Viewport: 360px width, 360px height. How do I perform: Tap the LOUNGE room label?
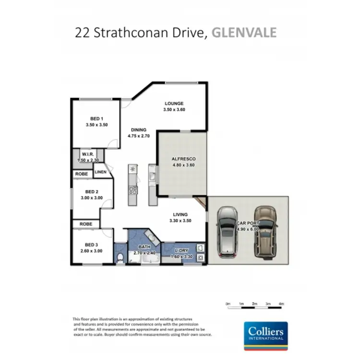[174, 104]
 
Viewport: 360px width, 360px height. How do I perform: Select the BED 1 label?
[96, 119]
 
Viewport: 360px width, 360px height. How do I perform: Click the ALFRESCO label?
[183, 159]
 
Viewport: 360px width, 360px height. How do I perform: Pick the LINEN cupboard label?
[100, 171]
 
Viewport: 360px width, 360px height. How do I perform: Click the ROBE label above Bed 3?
[86, 224]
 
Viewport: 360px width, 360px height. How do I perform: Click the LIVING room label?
[180, 215]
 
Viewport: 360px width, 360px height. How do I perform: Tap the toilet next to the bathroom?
[120, 259]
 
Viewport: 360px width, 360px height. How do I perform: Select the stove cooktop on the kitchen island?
[133, 190]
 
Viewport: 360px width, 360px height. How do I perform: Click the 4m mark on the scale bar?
[281, 304]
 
